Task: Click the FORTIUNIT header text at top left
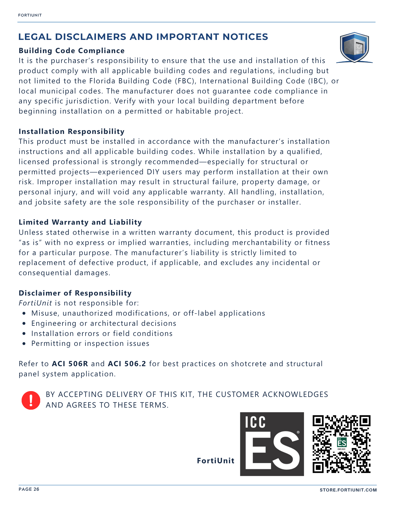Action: point(30,15)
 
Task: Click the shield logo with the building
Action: point(354,47)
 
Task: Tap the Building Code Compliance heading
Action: point(71,51)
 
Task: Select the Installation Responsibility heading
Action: point(71,131)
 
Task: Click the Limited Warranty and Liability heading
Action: point(80,222)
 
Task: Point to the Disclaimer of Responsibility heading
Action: point(75,293)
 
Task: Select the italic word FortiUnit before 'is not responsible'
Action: point(35,303)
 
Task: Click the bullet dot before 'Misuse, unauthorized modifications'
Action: point(24,313)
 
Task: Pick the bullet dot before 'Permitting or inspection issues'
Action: point(24,344)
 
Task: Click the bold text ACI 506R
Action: point(70,364)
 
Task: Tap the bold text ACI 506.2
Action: point(127,364)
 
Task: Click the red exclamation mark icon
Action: point(31,400)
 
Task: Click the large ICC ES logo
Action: point(272,444)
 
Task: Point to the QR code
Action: point(341,444)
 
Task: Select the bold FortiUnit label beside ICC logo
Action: point(216,461)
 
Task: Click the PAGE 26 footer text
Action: point(29,489)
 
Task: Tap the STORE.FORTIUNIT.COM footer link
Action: point(348,490)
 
